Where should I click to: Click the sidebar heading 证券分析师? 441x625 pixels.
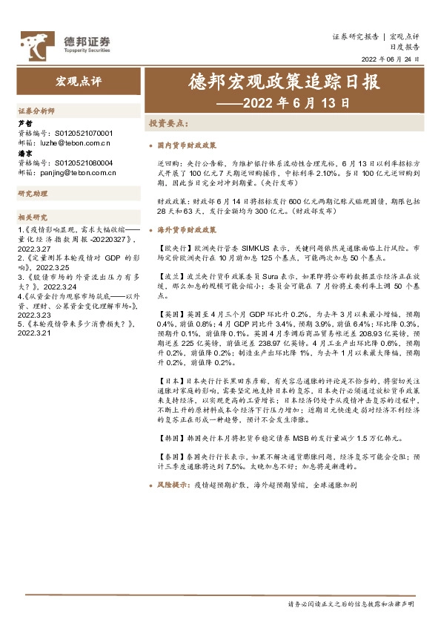point(36,111)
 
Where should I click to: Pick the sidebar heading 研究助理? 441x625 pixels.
point(33,194)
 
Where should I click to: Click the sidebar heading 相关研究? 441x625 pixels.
point(33,217)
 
